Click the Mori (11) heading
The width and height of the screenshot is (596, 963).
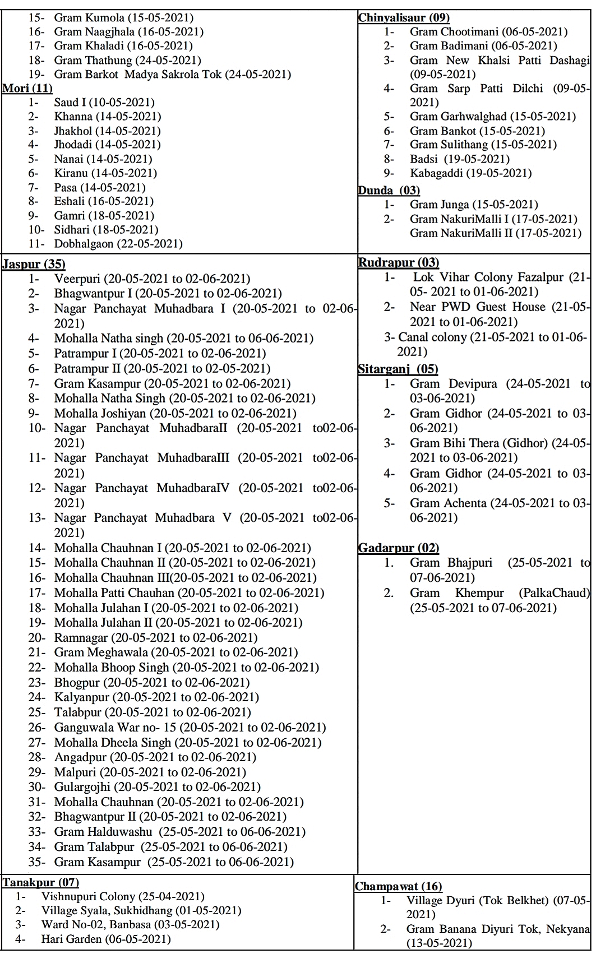(27, 88)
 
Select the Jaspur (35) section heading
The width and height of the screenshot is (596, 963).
(34, 264)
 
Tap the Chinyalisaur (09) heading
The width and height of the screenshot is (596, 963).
(404, 17)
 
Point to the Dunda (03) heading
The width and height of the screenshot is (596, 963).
(389, 190)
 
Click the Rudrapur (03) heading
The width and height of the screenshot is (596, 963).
(398, 262)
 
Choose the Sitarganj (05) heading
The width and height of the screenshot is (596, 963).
(398, 369)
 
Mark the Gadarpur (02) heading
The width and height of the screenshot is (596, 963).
(398, 548)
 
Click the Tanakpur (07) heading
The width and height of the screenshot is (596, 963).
(40, 882)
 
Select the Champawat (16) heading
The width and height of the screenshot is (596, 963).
(398, 886)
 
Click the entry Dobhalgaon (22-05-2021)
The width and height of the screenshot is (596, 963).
(118, 244)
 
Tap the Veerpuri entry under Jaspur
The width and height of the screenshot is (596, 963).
(151, 279)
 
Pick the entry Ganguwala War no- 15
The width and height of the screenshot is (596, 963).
(190, 728)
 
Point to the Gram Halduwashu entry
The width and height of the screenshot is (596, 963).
(179, 832)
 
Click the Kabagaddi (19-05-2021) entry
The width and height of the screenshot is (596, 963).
(470, 173)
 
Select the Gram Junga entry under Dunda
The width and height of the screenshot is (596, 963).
(473, 205)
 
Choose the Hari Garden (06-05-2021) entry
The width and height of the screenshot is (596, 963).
(105, 939)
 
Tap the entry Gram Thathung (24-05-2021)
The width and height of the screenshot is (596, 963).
(127, 60)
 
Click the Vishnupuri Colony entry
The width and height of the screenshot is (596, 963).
(122, 897)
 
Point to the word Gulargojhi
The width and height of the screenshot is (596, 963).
(82, 787)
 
